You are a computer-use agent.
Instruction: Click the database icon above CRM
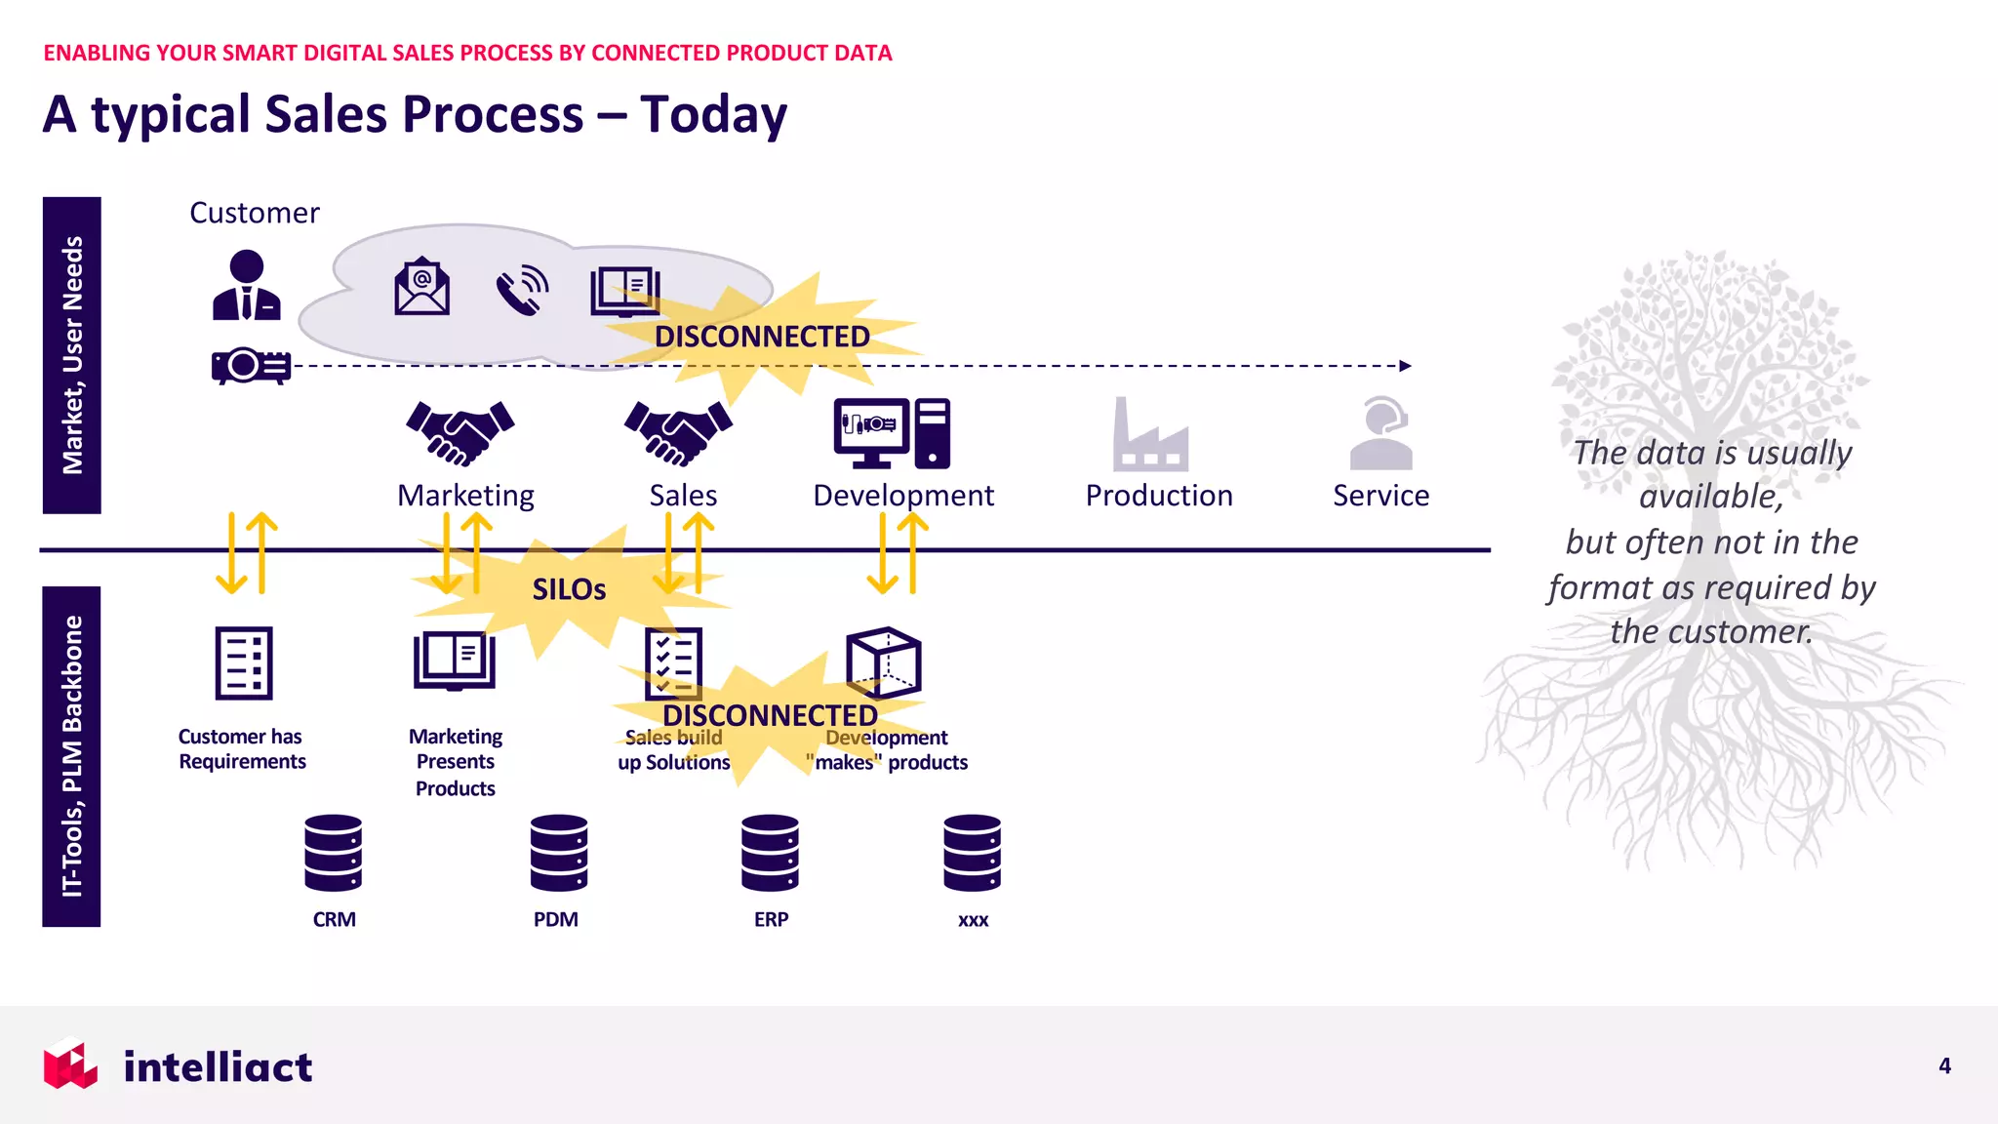(x=333, y=853)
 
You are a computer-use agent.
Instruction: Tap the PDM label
(x=556, y=919)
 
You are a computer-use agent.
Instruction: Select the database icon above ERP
(x=770, y=853)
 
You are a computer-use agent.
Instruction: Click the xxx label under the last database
(x=973, y=920)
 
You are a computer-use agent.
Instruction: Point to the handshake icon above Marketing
(x=460, y=432)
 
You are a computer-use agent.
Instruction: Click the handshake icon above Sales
(x=678, y=432)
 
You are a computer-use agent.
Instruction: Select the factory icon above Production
(x=1150, y=435)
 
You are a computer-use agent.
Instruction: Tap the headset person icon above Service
(x=1381, y=433)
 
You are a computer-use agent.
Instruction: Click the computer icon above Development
(x=892, y=433)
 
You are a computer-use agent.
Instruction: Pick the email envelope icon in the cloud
(x=421, y=288)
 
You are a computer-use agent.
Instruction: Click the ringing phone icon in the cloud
(x=522, y=290)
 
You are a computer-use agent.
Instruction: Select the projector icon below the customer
(x=251, y=366)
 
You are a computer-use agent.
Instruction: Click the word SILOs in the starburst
(x=569, y=589)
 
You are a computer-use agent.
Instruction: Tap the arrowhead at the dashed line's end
(x=1405, y=366)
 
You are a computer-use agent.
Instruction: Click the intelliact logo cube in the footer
(x=70, y=1064)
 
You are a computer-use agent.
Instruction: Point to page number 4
(x=1944, y=1065)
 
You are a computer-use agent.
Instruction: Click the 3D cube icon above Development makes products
(x=883, y=662)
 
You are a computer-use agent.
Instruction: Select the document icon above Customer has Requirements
(x=244, y=663)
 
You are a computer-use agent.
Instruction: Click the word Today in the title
(x=713, y=115)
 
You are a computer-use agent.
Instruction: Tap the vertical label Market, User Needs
(x=72, y=355)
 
